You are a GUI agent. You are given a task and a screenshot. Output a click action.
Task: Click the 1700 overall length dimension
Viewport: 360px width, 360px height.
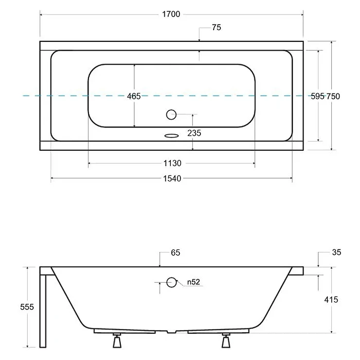tap(171, 14)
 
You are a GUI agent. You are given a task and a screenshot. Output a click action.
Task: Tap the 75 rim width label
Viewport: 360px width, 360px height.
tap(216, 27)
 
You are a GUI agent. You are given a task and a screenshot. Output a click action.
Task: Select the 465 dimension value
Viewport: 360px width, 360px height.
tap(134, 96)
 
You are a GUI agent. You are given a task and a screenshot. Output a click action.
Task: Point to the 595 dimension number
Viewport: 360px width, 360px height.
tap(318, 96)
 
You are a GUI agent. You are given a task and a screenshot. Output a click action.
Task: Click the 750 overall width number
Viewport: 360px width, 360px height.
tap(333, 96)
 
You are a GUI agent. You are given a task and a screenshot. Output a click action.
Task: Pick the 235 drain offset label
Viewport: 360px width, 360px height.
tap(194, 133)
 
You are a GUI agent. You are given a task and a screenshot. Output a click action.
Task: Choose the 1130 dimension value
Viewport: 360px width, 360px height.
tap(172, 163)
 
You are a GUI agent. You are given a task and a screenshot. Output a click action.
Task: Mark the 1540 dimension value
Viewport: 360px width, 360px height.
tap(172, 179)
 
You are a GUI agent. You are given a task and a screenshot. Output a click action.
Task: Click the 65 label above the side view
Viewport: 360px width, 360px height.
tap(176, 252)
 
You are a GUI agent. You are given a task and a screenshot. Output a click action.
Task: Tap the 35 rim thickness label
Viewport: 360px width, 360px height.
tap(337, 252)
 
